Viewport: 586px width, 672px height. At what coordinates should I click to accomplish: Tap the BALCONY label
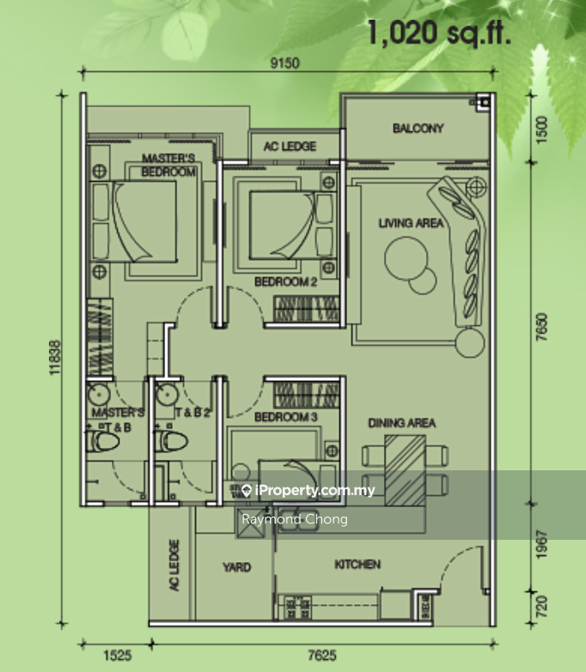pos(418,129)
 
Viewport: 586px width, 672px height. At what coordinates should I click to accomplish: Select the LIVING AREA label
pos(411,223)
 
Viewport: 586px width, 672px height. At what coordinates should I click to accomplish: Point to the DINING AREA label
pos(401,423)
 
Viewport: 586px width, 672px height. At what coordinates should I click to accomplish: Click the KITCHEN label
pos(357,564)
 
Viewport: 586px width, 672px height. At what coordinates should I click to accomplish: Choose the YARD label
pos(236,567)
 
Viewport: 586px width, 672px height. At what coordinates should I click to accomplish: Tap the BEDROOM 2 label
pos(286,281)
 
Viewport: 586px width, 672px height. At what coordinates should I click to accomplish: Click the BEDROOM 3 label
pos(286,417)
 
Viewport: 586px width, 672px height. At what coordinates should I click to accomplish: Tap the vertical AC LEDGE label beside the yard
pos(174,566)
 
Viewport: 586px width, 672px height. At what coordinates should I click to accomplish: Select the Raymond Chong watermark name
pos(294,519)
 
